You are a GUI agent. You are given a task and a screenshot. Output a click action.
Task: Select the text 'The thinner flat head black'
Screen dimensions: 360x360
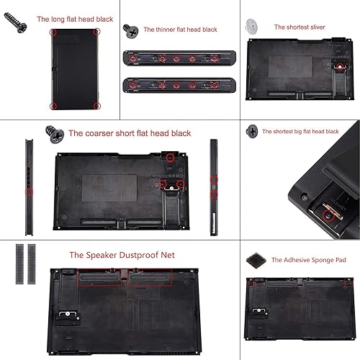click(180, 30)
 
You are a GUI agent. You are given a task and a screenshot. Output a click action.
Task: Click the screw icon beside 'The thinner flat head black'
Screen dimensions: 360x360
click(131, 30)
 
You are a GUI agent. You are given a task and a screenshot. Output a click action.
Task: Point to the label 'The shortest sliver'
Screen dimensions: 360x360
click(299, 27)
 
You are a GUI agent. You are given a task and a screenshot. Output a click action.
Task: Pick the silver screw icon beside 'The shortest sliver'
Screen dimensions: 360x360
click(253, 26)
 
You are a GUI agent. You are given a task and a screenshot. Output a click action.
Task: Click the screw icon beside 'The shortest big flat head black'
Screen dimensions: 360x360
click(252, 131)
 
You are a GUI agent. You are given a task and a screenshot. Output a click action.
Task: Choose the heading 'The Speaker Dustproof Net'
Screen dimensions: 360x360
click(122, 255)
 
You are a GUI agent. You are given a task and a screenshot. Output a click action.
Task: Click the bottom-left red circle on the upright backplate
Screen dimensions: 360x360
click(53, 105)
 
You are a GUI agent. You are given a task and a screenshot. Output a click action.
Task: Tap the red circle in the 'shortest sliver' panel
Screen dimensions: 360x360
click(338, 67)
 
